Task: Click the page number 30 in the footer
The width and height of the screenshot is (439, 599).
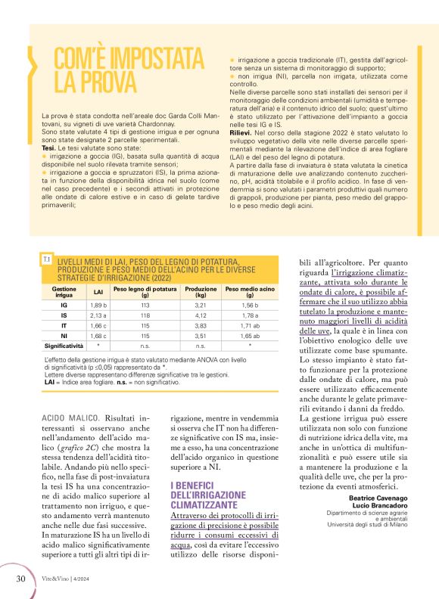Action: click(20, 579)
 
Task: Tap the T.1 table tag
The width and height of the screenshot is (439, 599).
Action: click(47, 260)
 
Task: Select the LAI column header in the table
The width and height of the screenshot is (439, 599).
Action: click(98, 291)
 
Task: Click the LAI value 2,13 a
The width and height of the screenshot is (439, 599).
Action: click(98, 315)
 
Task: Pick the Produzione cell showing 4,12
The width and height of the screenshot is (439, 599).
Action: click(201, 315)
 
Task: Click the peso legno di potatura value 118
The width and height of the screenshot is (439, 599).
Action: click(145, 315)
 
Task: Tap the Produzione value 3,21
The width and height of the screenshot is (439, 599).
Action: click(201, 304)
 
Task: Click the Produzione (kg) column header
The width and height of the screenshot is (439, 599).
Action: click(201, 291)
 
